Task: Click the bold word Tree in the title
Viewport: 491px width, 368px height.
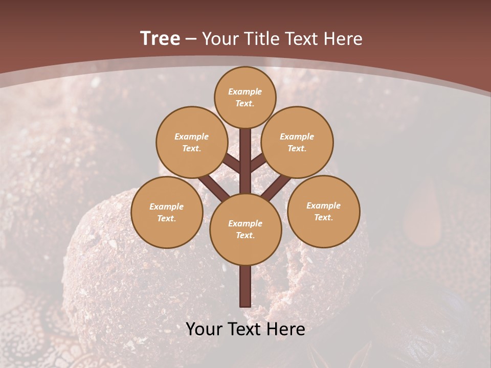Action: point(160,38)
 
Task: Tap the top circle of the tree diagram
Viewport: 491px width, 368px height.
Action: point(245,97)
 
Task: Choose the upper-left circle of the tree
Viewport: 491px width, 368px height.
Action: point(191,142)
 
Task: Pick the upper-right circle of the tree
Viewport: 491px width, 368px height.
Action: point(297,142)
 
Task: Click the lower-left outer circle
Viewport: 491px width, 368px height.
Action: point(167,212)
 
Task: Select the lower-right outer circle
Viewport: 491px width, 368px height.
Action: point(324,211)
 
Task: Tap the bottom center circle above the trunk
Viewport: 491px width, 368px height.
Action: point(245,229)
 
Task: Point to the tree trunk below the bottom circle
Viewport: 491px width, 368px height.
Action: point(245,286)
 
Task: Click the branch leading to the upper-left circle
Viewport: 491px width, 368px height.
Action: point(231,163)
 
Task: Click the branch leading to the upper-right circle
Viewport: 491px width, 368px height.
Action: point(258,163)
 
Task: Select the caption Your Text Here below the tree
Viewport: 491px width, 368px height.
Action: point(245,329)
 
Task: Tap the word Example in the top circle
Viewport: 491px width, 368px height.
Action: point(245,91)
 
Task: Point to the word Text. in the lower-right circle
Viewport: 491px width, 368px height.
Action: point(323,217)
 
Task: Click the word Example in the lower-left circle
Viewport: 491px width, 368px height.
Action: point(166,206)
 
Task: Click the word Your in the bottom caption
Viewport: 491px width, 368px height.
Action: point(204,329)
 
